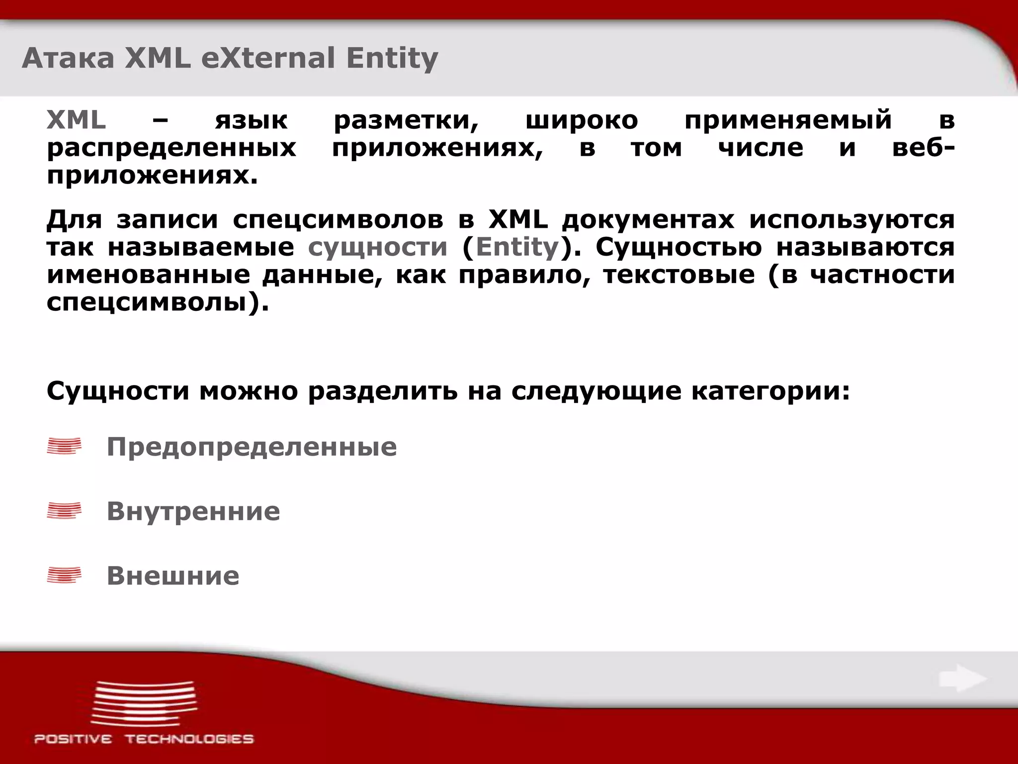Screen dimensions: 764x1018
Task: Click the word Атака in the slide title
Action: (68, 58)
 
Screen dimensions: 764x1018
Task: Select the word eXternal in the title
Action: (268, 58)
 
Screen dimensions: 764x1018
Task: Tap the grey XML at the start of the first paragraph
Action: (76, 120)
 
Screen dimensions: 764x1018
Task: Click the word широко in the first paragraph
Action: (582, 120)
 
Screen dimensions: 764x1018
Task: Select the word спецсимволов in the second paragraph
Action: (338, 220)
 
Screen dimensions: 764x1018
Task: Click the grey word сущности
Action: (378, 247)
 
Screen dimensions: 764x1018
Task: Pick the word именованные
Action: (148, 275)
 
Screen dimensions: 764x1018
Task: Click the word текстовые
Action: (679, 275)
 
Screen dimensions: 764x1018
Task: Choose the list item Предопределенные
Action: (252, 447)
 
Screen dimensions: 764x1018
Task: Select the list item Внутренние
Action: (193, 511)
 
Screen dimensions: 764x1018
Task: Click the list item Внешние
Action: (173, 576)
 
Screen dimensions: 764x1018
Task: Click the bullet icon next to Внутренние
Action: (64, 511)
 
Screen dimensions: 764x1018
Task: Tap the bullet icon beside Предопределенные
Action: (64, 446)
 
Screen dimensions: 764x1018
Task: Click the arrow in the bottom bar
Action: (962, 679)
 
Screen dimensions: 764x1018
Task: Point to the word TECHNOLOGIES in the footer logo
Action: (189, 739)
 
